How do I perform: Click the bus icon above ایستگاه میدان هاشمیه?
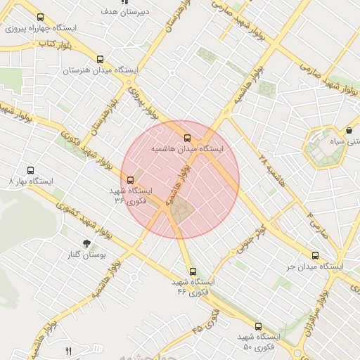(187, 138)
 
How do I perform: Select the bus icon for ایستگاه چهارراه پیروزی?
(40, 18)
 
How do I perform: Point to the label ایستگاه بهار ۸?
(30, 181)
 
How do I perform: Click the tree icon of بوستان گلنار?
(87, 243)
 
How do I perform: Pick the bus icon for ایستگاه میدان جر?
(314, 256)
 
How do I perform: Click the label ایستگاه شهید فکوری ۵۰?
(258, 342)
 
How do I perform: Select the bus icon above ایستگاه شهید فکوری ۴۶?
(193, 271)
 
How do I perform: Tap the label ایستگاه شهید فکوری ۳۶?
(131, 195)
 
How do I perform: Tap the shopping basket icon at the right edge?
(349, 131)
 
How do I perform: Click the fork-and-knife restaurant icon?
(68, 350)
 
